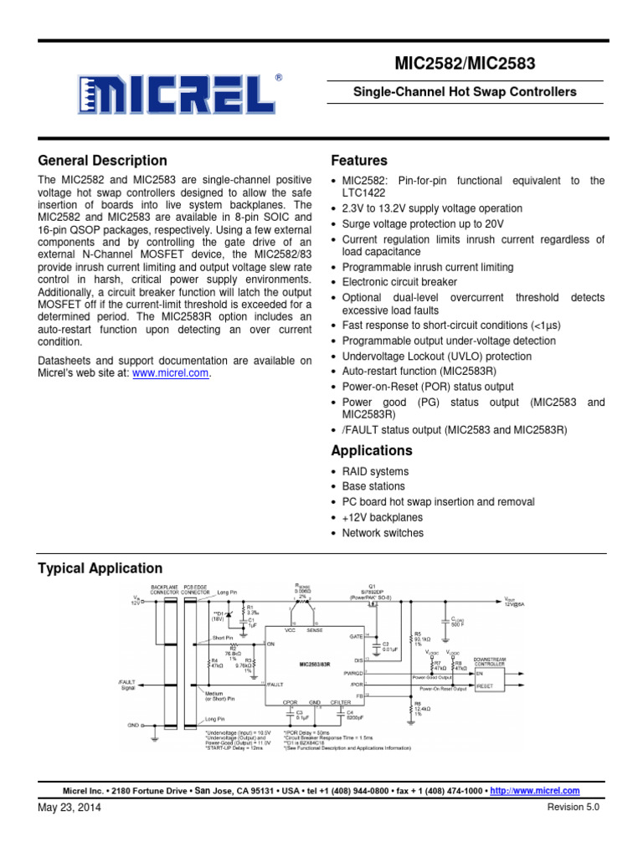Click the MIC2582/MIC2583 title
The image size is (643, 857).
coord(465,64)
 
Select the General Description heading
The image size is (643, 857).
coord(103,161)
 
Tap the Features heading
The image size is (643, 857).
coord(359,161)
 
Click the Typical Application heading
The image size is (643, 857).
coord(100,568)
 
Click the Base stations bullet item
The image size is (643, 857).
coord(373,486)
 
